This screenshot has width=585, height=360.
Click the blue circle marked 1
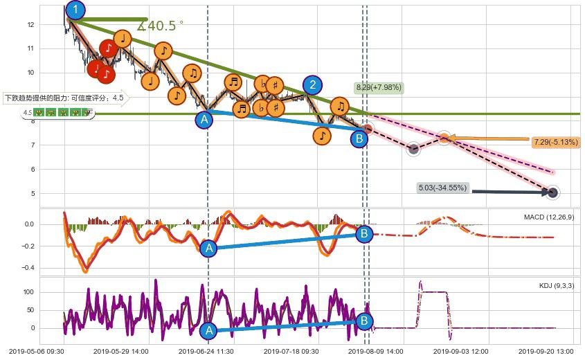[75, 10]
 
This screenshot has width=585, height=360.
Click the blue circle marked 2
[313, 85]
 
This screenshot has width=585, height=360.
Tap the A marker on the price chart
[204, 120]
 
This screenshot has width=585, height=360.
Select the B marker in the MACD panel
[364, 234]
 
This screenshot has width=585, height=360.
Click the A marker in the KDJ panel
[208, 331]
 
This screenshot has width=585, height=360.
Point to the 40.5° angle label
[161, 26]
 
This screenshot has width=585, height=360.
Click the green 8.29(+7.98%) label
[379, 88]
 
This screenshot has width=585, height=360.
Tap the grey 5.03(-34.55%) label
[443, 188]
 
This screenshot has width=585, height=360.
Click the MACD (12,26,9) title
[549, 217]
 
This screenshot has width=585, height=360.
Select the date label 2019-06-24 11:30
[206, 351]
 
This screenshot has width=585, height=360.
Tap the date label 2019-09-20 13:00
[547, 351]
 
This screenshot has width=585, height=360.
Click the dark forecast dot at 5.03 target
[553, 192]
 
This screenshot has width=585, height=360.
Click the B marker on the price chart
[359, 139]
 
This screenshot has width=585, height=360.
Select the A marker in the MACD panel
[208, 249]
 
